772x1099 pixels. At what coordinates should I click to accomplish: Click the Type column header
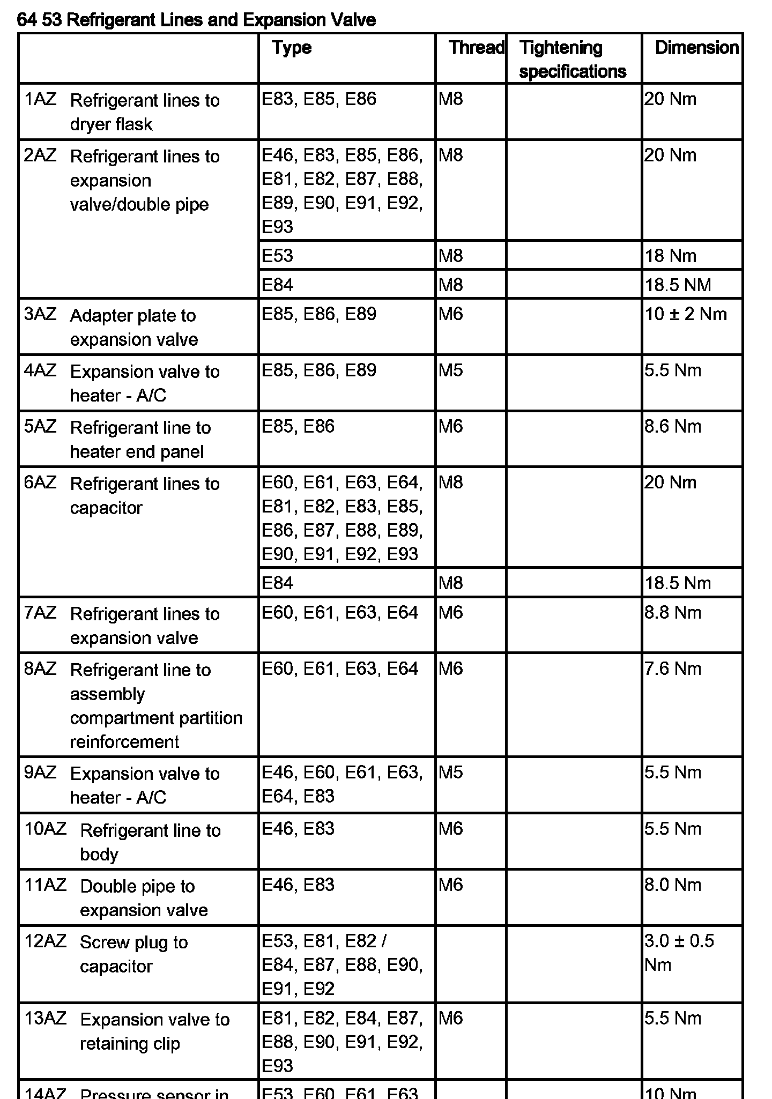pos(291,48)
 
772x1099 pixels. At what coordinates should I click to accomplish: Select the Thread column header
pos(476,48)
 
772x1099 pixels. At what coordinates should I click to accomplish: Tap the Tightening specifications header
pos(572,60)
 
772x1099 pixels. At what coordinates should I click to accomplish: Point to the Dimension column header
pos(696,48)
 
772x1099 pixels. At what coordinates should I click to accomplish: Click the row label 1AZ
pos(40,100)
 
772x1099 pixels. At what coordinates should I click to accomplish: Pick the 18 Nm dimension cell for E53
pos(670,256)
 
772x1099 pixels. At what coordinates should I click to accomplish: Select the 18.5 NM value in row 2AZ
pos(678,285)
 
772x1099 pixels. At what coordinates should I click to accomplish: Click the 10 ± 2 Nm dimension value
pos(686,314)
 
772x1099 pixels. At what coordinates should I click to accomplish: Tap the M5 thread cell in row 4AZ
pos(450,370)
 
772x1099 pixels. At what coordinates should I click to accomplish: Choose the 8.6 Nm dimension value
pos(673,427)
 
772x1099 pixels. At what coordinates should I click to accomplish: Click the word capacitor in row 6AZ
pos(106,508)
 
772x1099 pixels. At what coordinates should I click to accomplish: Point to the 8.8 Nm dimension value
pos(673,612)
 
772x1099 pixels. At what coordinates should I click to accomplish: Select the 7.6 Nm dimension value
pos(673,669)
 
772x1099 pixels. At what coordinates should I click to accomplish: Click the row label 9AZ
pos(40,773)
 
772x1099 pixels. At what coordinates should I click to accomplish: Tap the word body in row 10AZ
pos(99,854)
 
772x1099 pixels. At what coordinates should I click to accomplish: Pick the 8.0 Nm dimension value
pos(673,885)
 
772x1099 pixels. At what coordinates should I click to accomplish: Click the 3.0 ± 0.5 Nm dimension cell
pos(679,953)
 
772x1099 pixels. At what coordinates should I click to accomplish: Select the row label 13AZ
pos(45,1018)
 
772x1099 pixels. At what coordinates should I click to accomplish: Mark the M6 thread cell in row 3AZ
pos(450,314)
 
